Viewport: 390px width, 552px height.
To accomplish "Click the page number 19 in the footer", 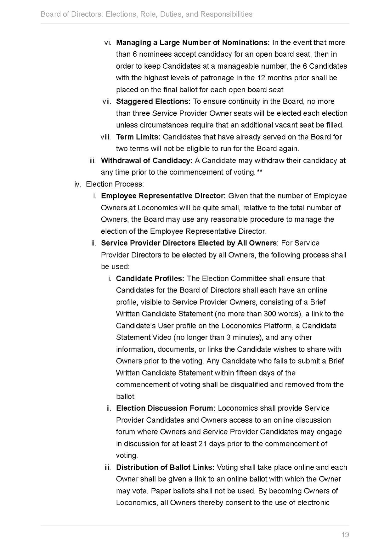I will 345,535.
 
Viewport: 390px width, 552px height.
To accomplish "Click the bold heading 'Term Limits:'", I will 138,137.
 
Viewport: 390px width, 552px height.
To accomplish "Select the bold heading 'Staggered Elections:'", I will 153,101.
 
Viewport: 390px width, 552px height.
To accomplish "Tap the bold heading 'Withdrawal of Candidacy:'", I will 147,161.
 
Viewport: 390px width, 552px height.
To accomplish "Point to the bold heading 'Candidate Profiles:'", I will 150,279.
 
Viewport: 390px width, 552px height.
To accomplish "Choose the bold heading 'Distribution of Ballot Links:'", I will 165,467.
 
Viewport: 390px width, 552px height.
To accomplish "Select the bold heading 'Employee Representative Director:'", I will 163,196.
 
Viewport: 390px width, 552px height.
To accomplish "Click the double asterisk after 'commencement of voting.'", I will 260,172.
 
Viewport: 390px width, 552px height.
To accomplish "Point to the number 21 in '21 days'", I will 202,444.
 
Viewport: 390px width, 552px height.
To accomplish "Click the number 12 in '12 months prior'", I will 261,78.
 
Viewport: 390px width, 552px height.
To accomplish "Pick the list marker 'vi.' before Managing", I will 108,43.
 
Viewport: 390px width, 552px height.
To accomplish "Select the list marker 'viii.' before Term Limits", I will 106,137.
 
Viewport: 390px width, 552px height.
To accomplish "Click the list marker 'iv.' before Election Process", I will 78,184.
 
